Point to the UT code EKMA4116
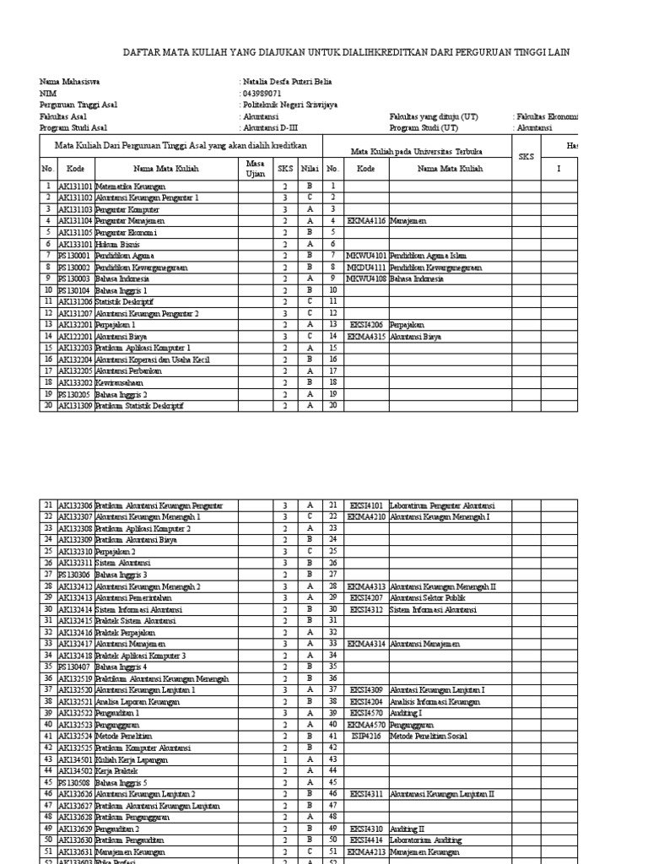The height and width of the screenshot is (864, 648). [365, 220]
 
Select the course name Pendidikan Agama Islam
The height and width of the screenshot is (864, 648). [429, 255]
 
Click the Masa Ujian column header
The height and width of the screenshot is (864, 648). [255, 169]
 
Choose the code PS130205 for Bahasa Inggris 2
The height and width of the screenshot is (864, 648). [74, 393]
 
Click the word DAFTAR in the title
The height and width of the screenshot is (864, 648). [142, 52]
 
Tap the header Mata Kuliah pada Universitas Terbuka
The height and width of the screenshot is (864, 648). [416, 152]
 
